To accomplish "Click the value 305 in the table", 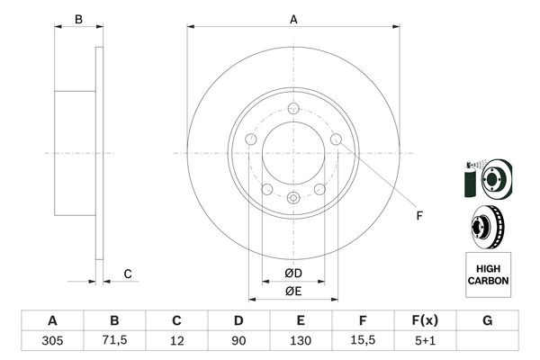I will (x=52, y=342).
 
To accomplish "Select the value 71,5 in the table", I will (x=114, y=342).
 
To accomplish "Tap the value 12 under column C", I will (x=176, y=342).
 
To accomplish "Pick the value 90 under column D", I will (x=238, y=342).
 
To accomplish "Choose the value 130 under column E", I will (x=301, y=342).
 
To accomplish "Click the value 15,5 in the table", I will (x=363, y=342).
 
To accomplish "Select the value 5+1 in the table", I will (x=425, y=342).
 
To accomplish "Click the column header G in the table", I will (x=487, y=320).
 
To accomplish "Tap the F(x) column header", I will (x=425, y=320).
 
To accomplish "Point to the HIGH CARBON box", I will (x=488, y=274).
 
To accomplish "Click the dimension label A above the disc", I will (x=293, y=19).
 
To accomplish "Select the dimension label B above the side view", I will (x=78, y=19).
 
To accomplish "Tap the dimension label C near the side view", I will (x=128, y=274).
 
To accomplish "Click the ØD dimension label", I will (x=293, y=274).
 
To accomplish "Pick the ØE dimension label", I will (x=293, y=290).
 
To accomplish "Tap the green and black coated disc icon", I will (x=486, y=178).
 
